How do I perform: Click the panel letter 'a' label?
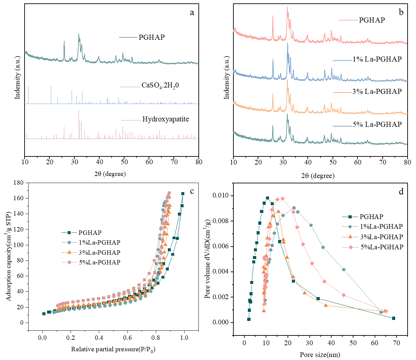click(x=192, y=13)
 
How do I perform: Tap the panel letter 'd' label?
click(x=401, y=192)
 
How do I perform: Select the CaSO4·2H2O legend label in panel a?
click(x=160, y=85)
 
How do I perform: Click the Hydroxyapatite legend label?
click(x=165, y=119)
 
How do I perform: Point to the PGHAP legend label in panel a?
click(x=152, y=37)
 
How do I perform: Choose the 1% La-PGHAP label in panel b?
click(x=377, y=59)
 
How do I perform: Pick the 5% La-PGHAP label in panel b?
click(x=377, y=124)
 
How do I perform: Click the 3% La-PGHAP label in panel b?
click(x=377, y=92)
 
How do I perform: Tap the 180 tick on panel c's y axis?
click(x=18, y=183)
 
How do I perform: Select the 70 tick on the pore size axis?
click(x=396, y=343)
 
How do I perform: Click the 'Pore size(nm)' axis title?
click(x=320, y=355)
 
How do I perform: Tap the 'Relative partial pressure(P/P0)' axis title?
click(x=113, y=349)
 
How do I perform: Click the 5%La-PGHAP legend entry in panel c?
click(x=100, y=262)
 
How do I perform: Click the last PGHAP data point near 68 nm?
click(x=393, y=318)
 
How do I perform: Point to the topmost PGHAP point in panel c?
click(x=183, y=194)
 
